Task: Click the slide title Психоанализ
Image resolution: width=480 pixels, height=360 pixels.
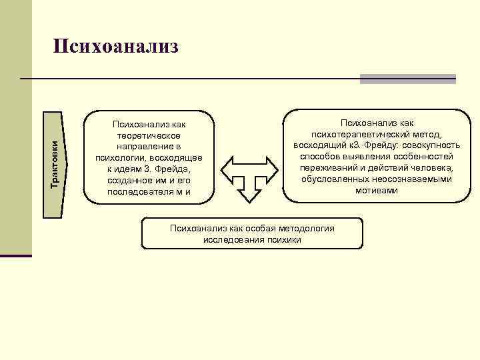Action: click(x=116, y=46)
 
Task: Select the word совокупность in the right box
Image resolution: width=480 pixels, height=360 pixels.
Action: click(x=429, y=145)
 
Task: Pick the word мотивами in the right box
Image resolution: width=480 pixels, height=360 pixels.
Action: click(x=377, y=191)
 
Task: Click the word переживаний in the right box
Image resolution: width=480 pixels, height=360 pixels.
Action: click(x=327, y=168)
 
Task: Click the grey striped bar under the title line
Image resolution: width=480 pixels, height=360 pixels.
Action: click(x=407, y=79)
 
